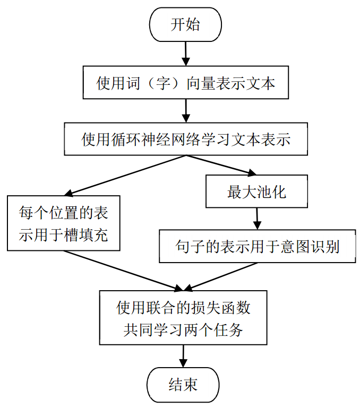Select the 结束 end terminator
(183, 384)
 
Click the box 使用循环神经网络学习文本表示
(185, 140)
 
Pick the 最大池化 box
(257, 192)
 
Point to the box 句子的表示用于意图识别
(257, 246)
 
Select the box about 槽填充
(63, 223)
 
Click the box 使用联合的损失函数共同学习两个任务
(183, 317)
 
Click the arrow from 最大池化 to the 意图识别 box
(257, 218)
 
